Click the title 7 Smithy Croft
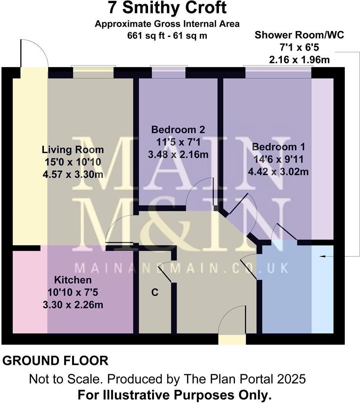coord(167,8)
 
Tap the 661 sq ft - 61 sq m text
coord(167,36)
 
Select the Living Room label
coord(73,149)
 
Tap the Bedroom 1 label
coord(278,147)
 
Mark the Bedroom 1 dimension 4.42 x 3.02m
coord(278,172)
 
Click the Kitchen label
coord(72,280)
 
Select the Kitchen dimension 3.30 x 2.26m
coord(72,305)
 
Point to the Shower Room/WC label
coord(299,35)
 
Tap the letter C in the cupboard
coord(155,293)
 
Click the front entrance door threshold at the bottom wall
coord(232,339)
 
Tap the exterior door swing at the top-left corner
coord(34,53)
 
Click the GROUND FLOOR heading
coord(56,360)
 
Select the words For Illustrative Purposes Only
coord(175,395)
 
